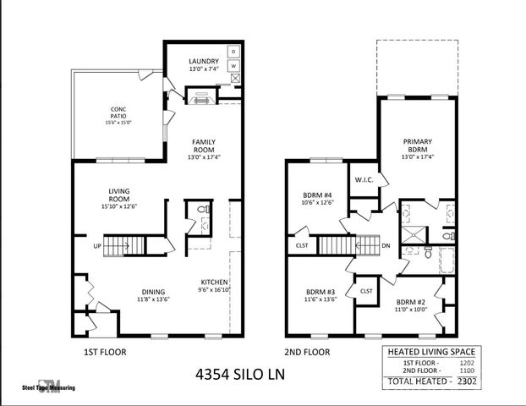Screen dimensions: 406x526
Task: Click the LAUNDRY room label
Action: coord(203,61)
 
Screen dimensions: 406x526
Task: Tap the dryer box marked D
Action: coord(234,52)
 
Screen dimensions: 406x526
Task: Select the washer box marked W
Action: coord(234,66)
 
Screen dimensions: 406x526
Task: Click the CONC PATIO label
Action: coord(118,109)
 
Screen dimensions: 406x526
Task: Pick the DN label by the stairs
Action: coord(386,245)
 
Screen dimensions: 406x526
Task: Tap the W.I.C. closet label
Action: coord(364,178)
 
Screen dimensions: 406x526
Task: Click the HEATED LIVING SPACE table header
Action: coord(430,351)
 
